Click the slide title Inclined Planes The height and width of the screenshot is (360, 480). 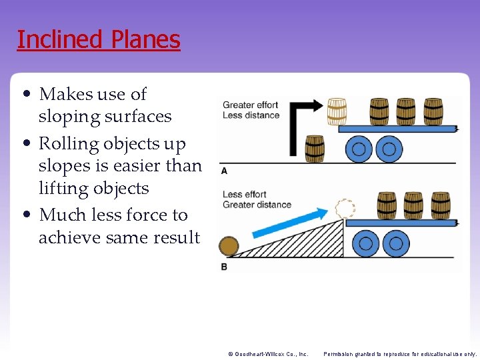(99, 40)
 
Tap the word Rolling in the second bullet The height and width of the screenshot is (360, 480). (68, 144)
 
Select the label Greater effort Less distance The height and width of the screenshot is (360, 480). (251, 110)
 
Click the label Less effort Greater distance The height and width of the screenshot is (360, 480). (257, 199)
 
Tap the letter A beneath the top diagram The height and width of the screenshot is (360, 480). (224, 171)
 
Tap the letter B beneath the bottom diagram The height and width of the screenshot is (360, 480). (224, 267)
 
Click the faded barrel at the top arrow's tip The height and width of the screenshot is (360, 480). (337, 111)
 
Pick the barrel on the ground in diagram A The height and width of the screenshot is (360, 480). (314, 149)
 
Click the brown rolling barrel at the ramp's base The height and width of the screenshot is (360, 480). (229, 247)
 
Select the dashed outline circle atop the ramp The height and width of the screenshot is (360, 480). (345, 209)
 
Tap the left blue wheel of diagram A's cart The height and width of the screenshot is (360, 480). (359, 149)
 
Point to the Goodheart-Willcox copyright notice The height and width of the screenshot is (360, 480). (267, 354)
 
